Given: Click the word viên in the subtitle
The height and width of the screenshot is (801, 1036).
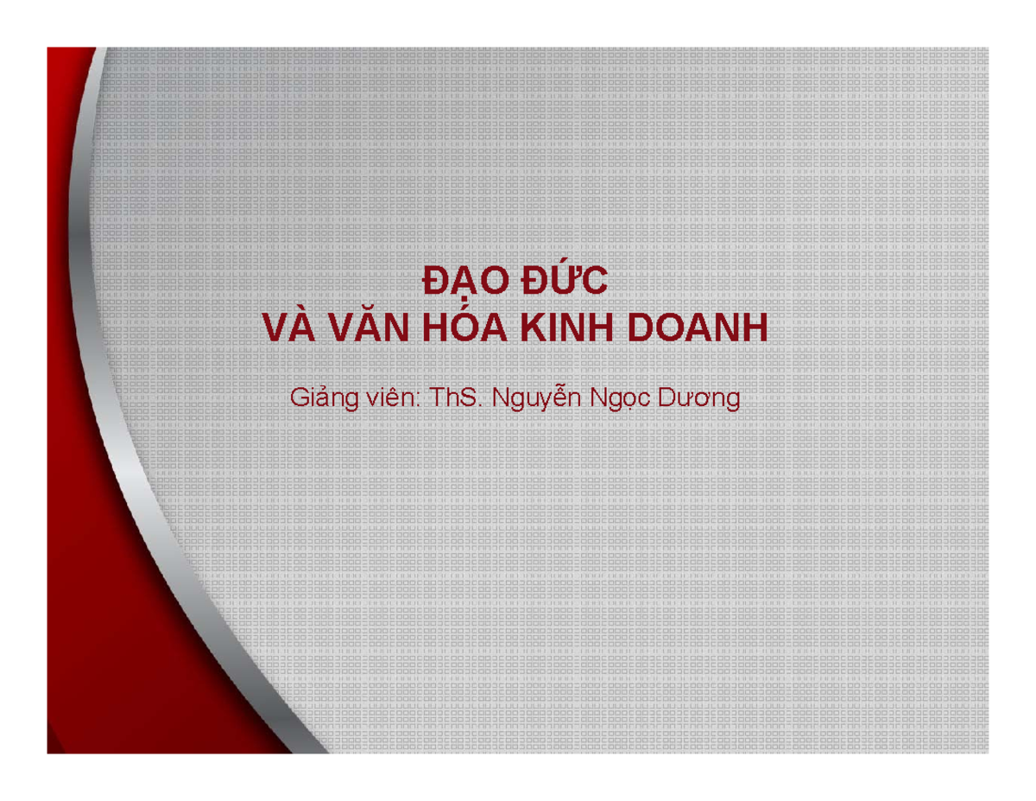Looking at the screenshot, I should (x=393, y=399).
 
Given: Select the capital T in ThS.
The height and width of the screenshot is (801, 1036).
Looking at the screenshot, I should (x=437, y=399).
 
